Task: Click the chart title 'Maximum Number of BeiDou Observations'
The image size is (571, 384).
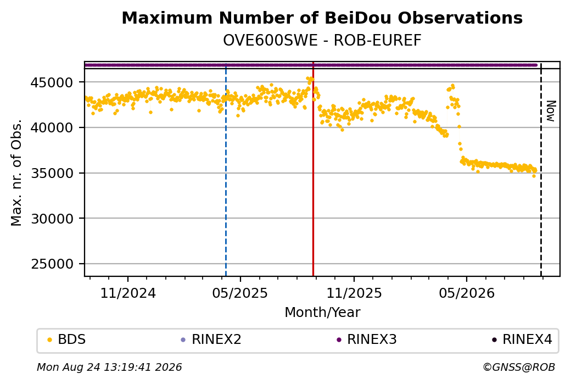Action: (322, 18)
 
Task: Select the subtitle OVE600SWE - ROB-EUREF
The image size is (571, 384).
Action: (322, 41)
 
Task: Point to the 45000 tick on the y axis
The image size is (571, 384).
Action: (52, 82)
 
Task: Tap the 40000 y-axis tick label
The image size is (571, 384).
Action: (52, 127)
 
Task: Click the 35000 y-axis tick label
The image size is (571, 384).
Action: (52, 173)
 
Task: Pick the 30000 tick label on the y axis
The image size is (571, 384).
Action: (52, 219)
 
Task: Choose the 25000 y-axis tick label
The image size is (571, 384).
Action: (52, 264)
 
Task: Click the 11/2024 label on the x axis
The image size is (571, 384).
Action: (128, 293)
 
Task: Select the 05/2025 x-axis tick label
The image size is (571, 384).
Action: (240, 293)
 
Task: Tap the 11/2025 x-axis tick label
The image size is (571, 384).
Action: (354, 293)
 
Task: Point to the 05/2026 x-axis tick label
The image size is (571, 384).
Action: (467, 293)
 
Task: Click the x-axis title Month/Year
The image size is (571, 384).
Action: (322, 312)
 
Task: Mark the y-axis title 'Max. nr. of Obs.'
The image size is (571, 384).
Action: (17, 172)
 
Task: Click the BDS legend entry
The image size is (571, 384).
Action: (67, 340)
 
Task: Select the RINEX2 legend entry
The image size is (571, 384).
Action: (211, 340)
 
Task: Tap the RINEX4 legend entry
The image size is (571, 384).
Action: (522, 340)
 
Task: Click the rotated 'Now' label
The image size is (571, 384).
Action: (551, 111)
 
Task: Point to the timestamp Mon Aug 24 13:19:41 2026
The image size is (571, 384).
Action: (109, 367)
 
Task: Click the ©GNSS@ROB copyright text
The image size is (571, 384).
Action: (519, 367)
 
